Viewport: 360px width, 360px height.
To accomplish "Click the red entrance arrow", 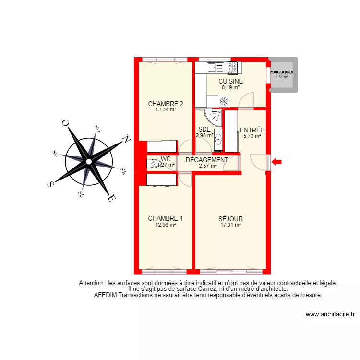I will [x=277, y=162].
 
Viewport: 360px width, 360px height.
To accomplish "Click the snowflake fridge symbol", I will [x=223, y=101].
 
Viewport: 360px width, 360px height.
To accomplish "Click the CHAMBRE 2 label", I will [x=166, y=104].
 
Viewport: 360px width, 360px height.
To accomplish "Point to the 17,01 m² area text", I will [x=230, y=225].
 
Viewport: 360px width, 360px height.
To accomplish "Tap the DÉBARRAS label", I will [x=281, y=73].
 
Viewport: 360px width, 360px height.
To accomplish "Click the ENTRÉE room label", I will [x=252, y=130].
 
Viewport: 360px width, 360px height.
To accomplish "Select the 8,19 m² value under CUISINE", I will [x=230, y=88].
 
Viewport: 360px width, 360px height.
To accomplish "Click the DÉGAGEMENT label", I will [x=207, y=160].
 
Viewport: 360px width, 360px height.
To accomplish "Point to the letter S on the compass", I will [x=51, y=184].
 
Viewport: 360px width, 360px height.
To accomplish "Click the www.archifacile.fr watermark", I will [x=330, y=315].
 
